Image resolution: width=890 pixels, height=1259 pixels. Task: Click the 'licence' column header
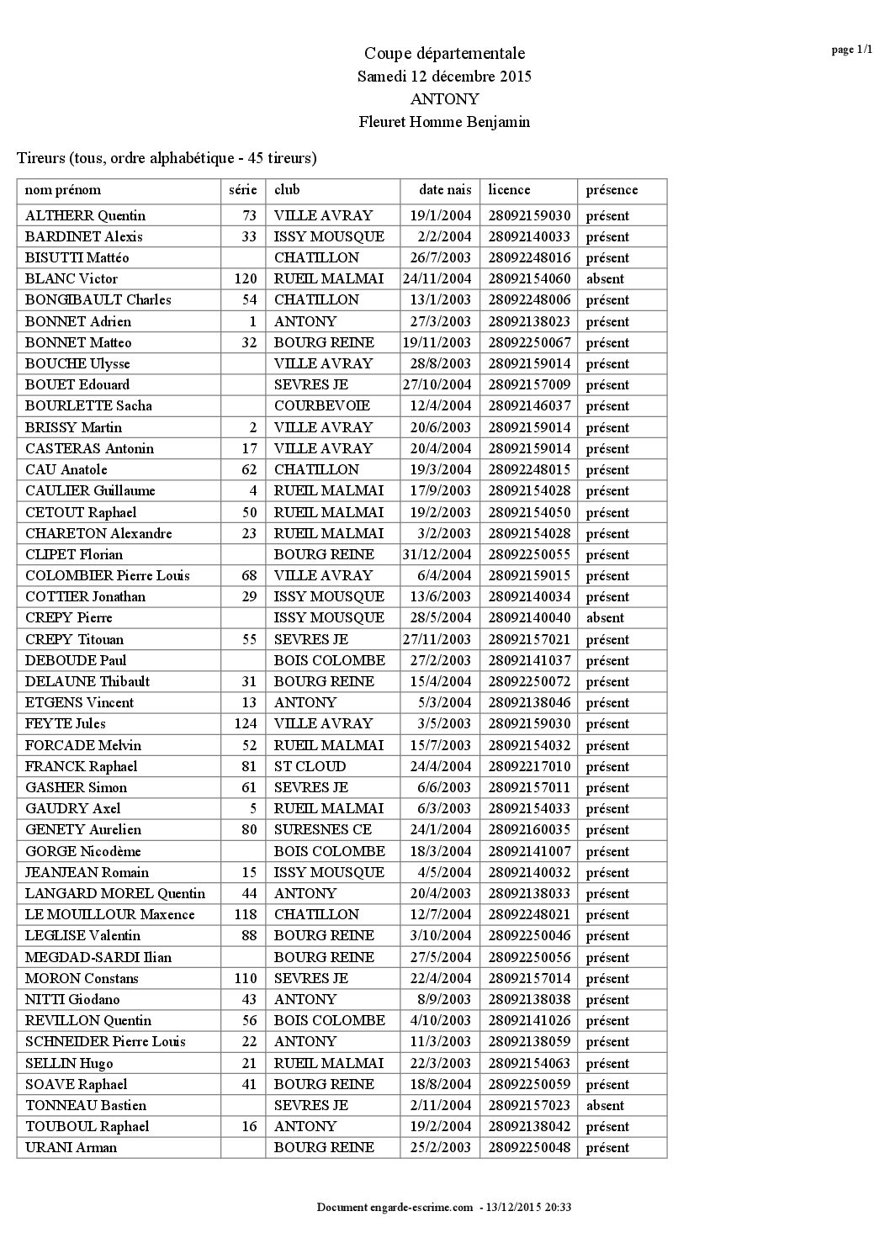point(509,190)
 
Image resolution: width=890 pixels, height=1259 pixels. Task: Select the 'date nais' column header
point(445,190)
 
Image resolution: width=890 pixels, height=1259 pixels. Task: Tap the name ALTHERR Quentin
point(85,215)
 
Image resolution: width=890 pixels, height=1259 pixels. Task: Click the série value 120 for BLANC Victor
point(245,279)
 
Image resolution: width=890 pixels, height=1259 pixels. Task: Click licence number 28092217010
point(529,766)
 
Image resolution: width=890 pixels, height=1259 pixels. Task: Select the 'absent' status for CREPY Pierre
point(605,617)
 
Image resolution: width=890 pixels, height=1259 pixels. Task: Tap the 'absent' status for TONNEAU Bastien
point(605,1105)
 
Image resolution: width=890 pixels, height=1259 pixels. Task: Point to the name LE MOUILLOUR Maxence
point(109,914)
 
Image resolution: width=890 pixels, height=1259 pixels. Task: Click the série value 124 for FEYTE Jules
point(245,723)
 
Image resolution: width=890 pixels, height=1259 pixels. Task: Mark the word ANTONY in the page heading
point(444,99)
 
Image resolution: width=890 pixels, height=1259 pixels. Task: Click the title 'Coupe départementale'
point(444,54)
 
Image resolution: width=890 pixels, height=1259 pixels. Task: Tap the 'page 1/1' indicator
point(851,50)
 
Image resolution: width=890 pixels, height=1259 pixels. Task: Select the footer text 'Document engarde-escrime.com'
point(395,1208)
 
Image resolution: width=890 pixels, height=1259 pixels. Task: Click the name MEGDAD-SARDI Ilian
point(98,957)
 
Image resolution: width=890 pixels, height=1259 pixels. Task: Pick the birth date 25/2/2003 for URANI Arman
point(442,1147)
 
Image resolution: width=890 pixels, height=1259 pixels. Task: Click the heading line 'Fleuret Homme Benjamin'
point(444,122)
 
